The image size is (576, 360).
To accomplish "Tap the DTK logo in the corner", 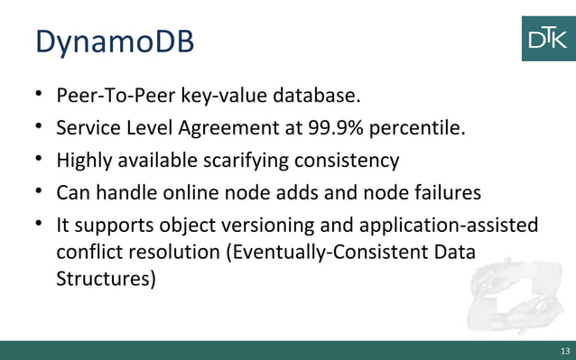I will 548,38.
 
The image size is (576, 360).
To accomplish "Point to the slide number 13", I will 565,351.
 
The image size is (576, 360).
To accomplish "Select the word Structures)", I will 106,279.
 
